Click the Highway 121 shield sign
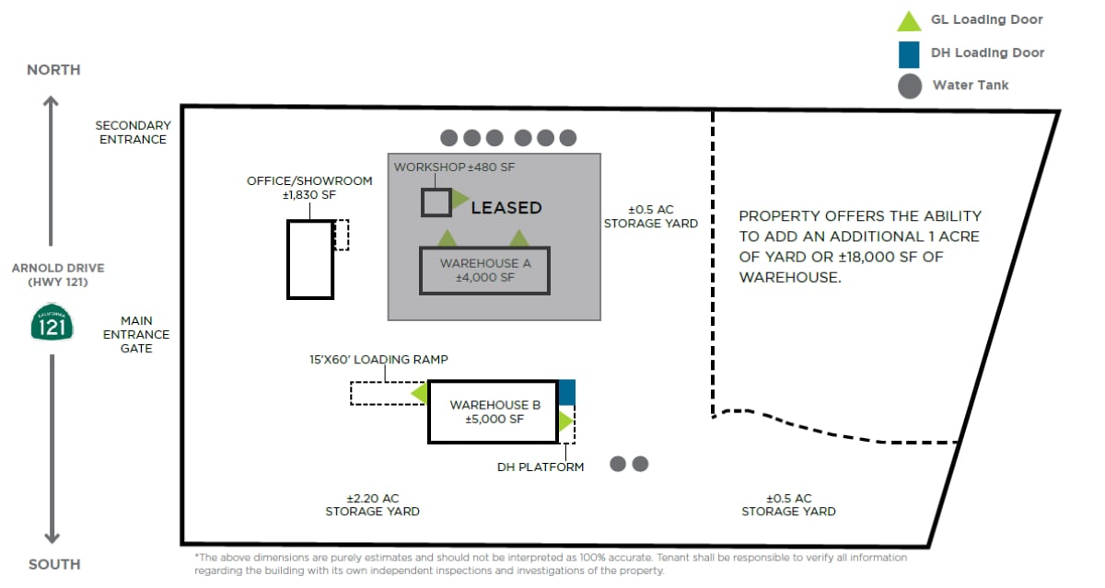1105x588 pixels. (52, 323)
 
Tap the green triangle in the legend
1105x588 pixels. (909, 21)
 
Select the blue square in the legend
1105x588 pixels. (909, 53)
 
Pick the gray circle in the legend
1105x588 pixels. (909, 86)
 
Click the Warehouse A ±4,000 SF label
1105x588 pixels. (484, 271)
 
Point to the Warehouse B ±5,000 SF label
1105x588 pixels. (494, 411)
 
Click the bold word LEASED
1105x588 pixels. (506, 208)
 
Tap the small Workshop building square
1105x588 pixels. (436, 202)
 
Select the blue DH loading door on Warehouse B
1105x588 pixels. (566, 392)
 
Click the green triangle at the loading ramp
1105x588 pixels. (421, 394)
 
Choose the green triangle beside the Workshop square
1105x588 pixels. (459, 199)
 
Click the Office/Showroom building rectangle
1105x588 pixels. (309, 259)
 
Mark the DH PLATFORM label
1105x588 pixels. (541, 467)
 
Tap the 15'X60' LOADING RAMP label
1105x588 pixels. (379, 360)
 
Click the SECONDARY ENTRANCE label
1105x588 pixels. (133, 133)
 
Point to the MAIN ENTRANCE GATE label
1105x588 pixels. (135, 335)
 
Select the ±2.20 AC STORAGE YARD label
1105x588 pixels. (372, 504)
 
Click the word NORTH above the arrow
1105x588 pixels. (53, 70)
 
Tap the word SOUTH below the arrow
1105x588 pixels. (53, 564)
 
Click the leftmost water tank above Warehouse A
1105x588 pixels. (449, 138)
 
